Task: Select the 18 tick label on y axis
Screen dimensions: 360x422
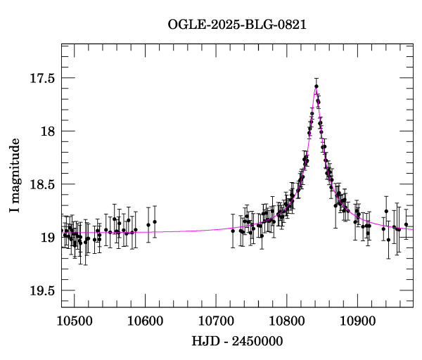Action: pos(49,131)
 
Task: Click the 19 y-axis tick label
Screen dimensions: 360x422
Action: pos(49,238)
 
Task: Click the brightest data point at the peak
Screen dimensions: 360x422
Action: pos(316,86)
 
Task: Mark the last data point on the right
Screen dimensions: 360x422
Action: pos(406,224)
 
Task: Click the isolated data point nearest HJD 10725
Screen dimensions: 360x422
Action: pos(233,231)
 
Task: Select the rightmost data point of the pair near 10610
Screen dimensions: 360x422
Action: pos(155,222)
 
